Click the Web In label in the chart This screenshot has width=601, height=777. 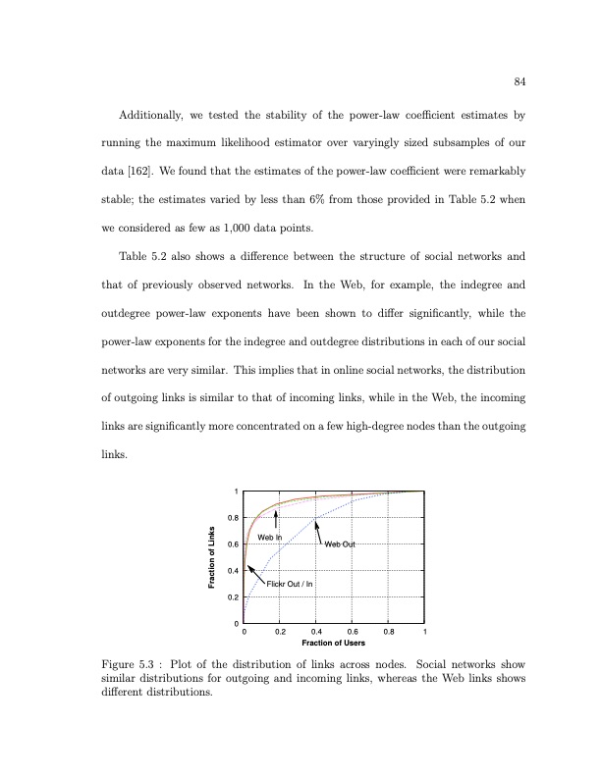pos(269,538)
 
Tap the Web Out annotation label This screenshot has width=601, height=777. pos(339,544)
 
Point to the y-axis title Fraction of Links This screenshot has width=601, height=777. pos(211,558)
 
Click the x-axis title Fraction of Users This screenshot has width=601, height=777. pos(333,643)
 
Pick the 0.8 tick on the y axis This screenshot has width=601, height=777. pos(233,517)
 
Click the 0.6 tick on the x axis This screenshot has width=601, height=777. pos(353,632)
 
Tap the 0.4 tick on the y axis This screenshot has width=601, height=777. pos(233,570)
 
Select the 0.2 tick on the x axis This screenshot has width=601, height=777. pos(280,632)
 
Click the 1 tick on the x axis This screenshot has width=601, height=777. pos(425,632)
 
